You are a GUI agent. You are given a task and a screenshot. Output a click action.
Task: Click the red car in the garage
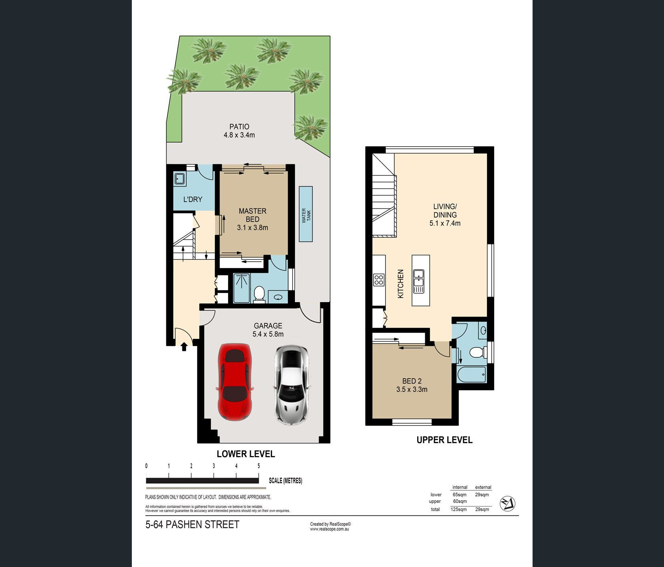[x=235, y=382]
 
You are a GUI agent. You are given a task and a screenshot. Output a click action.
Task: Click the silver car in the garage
[x=291, y=385]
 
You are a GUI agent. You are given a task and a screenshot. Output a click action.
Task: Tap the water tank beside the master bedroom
[x=306, y=214]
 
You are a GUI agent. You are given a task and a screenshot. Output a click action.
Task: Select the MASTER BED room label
[x=252, y=215]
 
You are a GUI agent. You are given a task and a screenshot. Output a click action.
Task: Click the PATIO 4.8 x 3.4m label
[x=239, y=131]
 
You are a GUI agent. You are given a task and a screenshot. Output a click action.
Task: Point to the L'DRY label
[x=193, y=199]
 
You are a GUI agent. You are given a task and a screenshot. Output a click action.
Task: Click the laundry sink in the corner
[x=180, y=178]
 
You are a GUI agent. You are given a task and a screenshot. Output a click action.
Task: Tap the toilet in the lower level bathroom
[x=259, y=294]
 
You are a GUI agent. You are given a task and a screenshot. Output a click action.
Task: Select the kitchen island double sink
[x=418, y=281]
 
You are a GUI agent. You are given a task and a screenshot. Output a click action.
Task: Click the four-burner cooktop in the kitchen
[x=379, y=280]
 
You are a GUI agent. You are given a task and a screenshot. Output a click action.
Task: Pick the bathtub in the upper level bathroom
[x=472, y=374]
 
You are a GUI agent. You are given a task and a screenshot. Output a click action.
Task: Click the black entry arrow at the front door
[x=184, y=346]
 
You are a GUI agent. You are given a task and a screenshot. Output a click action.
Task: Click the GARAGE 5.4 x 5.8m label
[x=268, y=330]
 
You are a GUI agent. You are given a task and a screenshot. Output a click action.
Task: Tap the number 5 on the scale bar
[x=259, y=466]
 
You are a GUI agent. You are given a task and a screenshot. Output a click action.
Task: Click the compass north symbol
[x=507, y=504]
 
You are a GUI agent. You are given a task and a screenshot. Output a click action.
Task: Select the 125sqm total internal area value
[x=458, y=509]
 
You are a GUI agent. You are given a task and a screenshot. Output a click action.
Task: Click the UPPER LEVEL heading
[x=444, y=440]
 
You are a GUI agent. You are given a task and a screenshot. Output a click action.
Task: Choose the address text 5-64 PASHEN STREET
[x=192, y=525]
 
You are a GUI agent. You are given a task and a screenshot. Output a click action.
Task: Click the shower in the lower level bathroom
[x=242, y=288]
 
